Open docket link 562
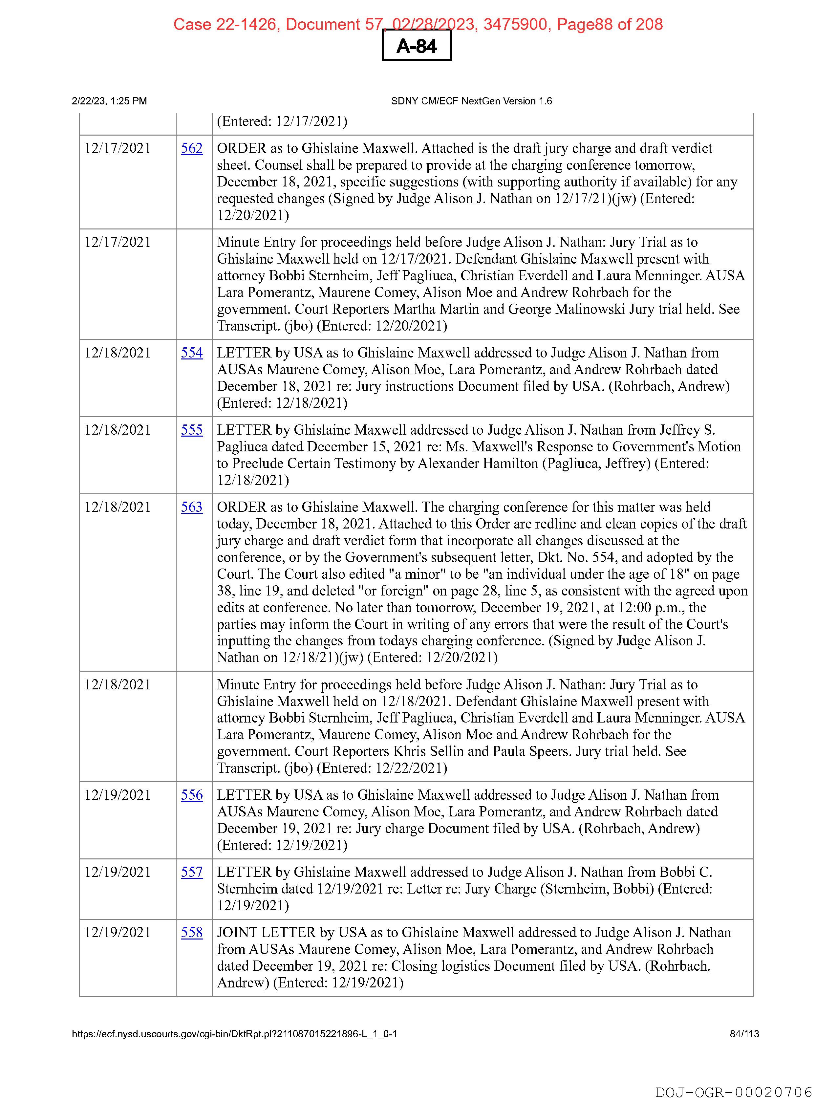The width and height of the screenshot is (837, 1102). [x=192, y=148]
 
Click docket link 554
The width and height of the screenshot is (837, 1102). [x=192, y=353]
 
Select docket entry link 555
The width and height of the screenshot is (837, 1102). [x=192, y=430]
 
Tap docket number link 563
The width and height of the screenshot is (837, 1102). [x=192, y=507]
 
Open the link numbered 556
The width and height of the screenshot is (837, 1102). [x=192, y=795]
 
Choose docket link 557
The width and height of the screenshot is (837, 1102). [x=192, y=872]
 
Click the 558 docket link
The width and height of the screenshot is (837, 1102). [x=192, y=933]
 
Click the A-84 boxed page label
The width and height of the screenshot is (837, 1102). [x=417, y=46]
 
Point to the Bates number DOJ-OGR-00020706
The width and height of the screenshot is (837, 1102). [x=733, y=1092]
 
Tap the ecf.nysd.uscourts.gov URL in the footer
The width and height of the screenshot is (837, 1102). [x=234, y=1034]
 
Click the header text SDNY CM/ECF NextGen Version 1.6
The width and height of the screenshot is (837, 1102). [x=471, y=101]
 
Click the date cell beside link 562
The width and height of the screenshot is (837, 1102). [x=118, y=148]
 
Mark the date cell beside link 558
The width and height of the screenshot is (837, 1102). [x=118, y=933]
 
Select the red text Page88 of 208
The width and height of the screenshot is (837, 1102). [x=609, y=24]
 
